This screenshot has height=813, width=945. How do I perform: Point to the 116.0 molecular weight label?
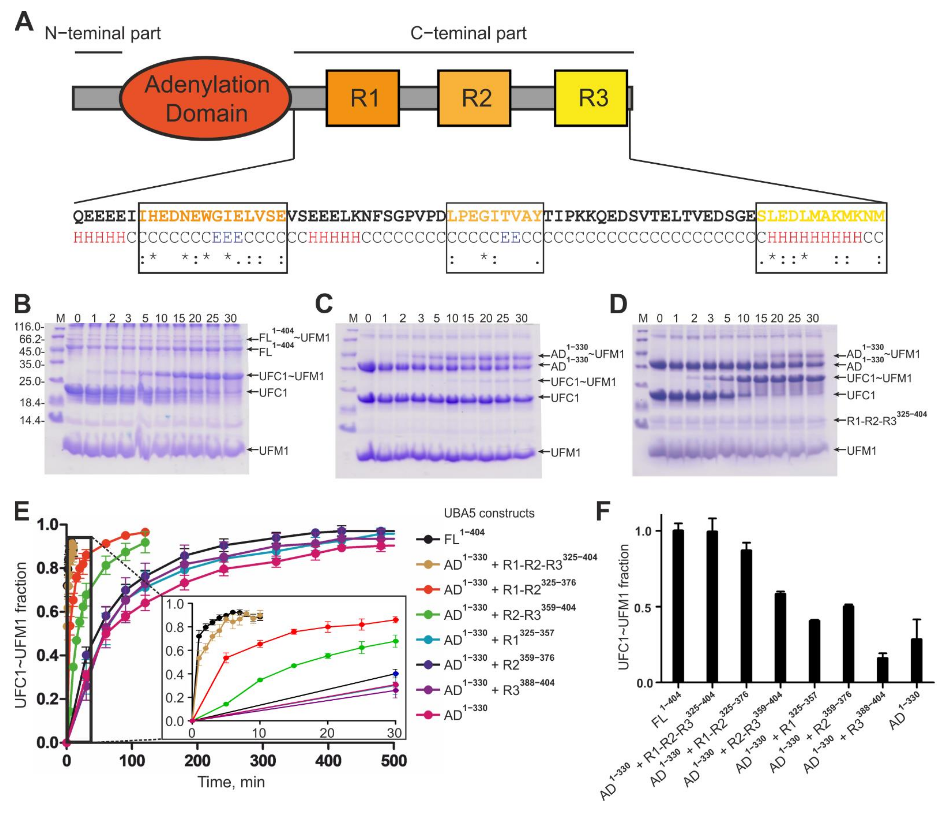point(27,327)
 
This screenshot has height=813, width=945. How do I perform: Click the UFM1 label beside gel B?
point(274,451)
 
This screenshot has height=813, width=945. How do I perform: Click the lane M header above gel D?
point(643,318)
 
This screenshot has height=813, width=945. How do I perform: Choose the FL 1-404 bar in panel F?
point(678,607)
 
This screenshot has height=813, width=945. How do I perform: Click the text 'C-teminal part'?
point(468,33)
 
